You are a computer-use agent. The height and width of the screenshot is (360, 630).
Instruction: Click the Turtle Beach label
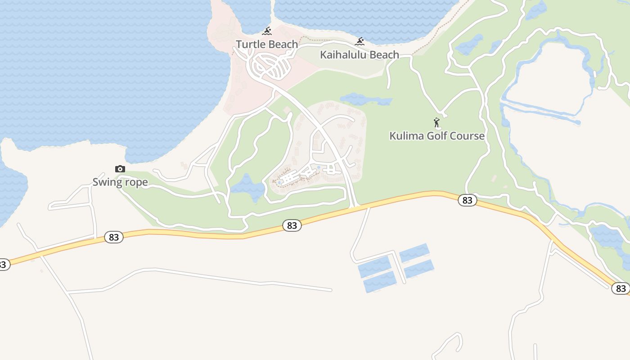tap(267, 44)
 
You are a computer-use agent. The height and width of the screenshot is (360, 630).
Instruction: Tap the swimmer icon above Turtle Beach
tap(267, 31)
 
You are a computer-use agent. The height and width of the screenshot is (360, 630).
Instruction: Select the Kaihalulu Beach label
tap(359, 55)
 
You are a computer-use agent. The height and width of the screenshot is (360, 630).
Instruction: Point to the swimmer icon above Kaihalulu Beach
tap(360, 42)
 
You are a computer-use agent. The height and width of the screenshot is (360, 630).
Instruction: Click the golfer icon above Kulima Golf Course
tap(436, 122)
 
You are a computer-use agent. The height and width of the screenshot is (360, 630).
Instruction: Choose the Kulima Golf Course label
tap(436, 136)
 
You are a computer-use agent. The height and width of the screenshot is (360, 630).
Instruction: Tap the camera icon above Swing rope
tap(120, 169)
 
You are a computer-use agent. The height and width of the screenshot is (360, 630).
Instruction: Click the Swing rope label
tap(120, 182)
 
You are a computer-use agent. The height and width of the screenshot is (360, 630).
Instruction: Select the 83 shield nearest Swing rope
tap(113, 237)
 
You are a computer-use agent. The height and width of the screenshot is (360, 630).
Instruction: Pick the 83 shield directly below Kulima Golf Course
tap(467, 200)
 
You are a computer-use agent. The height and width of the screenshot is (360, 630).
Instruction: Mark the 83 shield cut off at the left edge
tap(3, 265)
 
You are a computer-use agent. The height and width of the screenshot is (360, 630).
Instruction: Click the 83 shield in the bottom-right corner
tap(621, 288)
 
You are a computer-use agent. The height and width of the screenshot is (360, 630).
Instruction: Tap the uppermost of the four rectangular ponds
tap(414, 252)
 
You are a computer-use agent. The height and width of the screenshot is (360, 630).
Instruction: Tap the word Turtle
tap(250, 44)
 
